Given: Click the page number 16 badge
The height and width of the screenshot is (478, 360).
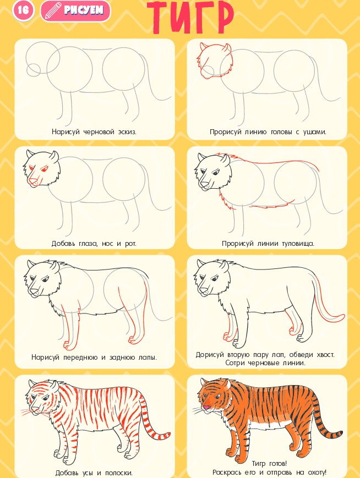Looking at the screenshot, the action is click(23, 10).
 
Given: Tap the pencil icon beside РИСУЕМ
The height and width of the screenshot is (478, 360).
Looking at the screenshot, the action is click(53, 10).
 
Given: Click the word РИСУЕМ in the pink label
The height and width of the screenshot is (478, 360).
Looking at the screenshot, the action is click(84, 10).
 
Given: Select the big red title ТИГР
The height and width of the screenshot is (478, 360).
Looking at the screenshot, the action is click(190, 18).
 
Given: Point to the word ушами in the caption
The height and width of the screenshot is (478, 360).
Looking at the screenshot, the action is click(314, 132).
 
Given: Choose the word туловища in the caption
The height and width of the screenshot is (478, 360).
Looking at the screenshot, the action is click(298, 244).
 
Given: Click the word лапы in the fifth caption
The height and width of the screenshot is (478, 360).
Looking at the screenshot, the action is click(148, 358).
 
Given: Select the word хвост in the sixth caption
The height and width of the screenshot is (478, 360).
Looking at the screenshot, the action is click(325, 355).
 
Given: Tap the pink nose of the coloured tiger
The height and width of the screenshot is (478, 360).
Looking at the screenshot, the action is click(206, 407).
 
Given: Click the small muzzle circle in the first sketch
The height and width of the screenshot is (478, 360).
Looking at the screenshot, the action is click(34, 69).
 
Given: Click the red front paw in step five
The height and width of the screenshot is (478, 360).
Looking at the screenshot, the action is click(68, 345).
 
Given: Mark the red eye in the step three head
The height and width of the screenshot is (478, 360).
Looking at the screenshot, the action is click(45, 168).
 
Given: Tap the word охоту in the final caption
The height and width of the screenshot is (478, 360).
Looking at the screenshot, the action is click(316, 472).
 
